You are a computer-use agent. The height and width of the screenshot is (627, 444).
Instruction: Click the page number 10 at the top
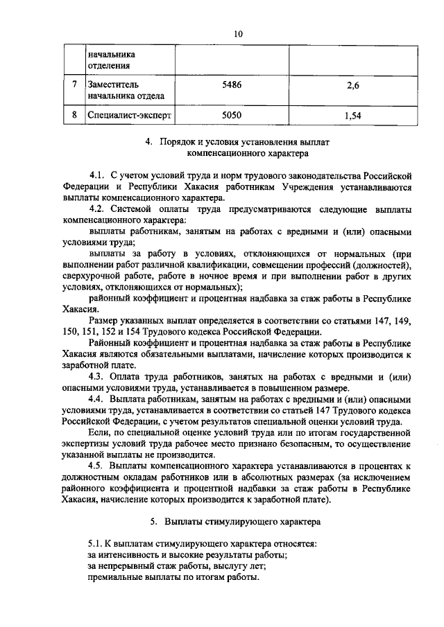pyautogui.click(x=238, y=33)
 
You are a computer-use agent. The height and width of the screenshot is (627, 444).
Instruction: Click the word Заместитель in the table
pyautogui.click(x=114, y=84)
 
